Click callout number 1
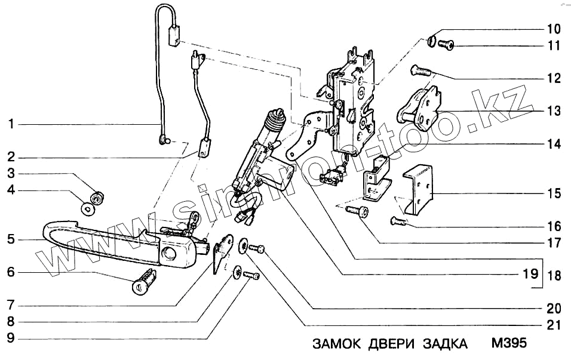[11, 125]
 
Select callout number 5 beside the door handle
[11, 240]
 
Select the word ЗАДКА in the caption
[446, 344]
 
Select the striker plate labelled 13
[419, 108]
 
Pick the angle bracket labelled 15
[420, 188]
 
